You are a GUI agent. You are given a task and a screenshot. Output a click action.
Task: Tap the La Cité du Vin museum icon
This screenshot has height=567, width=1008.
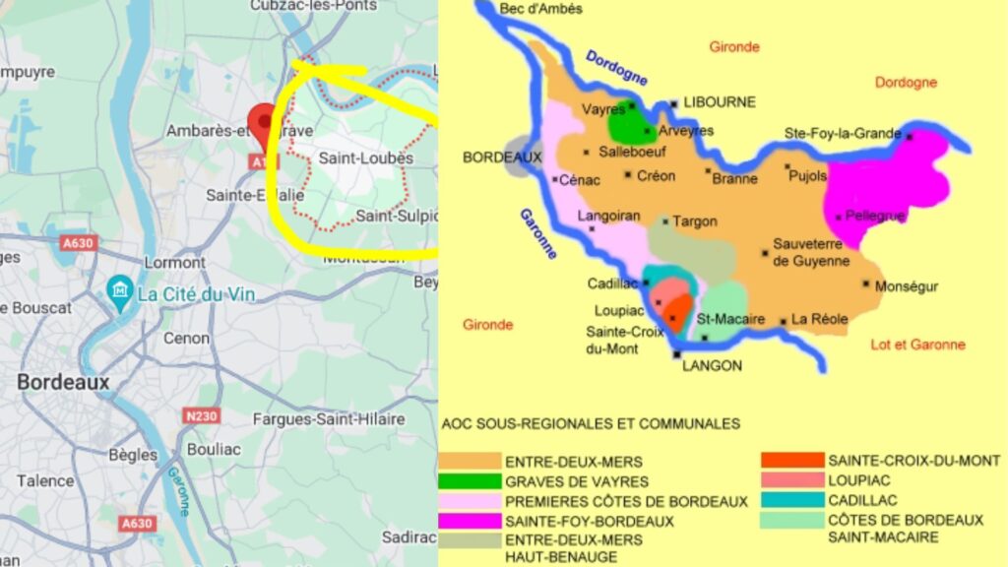120,290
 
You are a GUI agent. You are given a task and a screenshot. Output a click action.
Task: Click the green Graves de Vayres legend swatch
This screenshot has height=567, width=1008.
468,481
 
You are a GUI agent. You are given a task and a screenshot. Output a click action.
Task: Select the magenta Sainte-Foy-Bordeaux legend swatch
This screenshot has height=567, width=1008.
468,521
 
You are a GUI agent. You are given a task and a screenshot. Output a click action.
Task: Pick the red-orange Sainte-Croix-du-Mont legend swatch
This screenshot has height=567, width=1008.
792,460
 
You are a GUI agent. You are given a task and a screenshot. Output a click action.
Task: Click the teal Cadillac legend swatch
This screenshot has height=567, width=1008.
792,499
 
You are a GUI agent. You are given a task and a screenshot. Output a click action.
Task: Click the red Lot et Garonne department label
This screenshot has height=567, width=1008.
918,345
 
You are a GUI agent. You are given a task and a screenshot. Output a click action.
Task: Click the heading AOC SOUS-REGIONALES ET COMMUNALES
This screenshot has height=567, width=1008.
591,424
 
